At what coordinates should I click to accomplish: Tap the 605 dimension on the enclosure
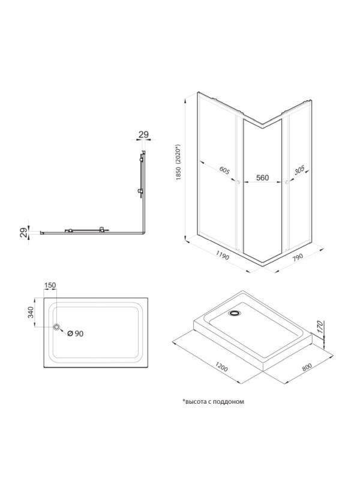[x=224, y=170]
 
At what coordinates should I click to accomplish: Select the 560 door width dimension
[x=262, y=178]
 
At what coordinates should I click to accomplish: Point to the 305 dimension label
[x=299, y=170]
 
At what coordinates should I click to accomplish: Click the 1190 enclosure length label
[x=223, y=255]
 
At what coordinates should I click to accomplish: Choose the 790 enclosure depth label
[x=297, y=256]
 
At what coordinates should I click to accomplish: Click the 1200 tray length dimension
[x=221, y=367]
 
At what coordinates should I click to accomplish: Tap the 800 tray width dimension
[x=307, y=367]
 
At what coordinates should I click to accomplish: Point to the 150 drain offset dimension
[x=50, y=286]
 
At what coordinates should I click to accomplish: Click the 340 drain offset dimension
[x=31, y=313]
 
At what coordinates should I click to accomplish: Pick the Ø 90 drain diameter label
[x=76, y=334]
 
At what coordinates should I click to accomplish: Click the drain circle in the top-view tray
[x=56, y=327]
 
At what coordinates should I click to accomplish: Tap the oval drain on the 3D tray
[x=235, y=313]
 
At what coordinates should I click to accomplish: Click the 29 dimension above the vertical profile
[x=143, y=134]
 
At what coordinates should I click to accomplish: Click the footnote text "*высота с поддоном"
[x=213, y=401]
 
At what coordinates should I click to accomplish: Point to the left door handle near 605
[x=238, y=182]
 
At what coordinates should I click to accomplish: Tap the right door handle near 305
[x=287, y=182]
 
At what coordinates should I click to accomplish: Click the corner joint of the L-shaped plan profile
[x=143, y=233]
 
